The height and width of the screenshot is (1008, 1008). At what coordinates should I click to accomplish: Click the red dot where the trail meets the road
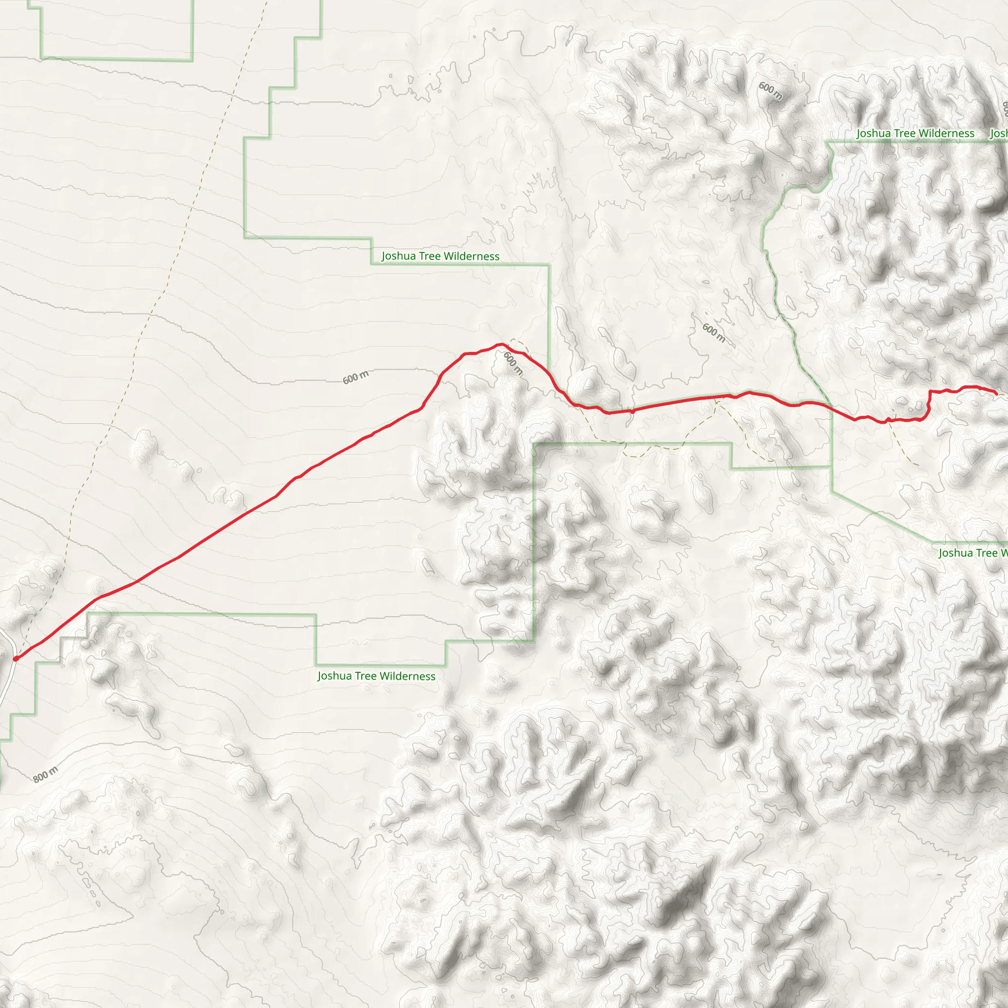click(16, 659)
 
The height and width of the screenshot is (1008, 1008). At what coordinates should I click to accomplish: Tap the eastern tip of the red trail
click(996, 393)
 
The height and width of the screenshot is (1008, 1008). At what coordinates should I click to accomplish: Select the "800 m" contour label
click(45, 775)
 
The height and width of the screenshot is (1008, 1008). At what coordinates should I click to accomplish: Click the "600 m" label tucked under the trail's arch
click(513, 363)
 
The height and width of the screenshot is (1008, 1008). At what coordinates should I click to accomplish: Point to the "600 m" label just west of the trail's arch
click(355, 377)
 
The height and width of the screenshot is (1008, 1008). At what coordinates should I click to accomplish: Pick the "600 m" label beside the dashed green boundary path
click(714, 332)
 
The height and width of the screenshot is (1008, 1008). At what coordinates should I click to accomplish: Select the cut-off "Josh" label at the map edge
click(999, 133)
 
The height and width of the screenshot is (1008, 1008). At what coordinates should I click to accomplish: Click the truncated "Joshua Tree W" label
click(973, 553)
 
